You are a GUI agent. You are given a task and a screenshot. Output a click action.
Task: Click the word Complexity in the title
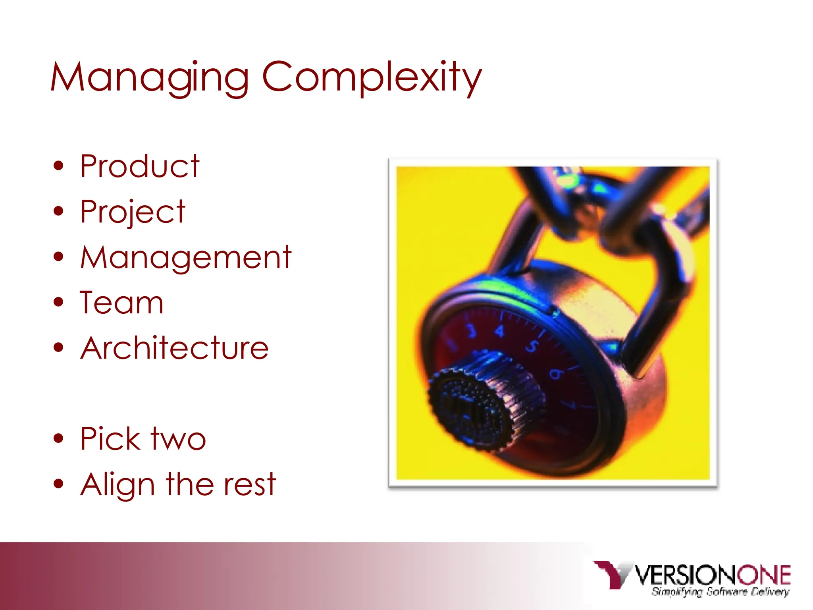click(372, 77)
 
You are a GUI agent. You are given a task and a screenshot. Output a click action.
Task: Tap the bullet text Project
click(133, 212)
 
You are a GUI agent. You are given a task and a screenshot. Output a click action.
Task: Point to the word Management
click(186, 257)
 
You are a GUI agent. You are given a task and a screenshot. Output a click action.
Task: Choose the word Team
click(121, 303)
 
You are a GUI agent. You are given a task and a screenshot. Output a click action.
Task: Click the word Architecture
click(175, 348)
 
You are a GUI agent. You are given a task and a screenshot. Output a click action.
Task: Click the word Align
click(118, 485)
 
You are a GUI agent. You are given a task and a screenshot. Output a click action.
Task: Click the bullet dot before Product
click(58, 166)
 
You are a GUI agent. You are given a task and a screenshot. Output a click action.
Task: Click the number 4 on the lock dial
click(499, 331)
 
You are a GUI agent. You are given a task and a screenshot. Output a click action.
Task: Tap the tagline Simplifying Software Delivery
click(720, 592)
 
